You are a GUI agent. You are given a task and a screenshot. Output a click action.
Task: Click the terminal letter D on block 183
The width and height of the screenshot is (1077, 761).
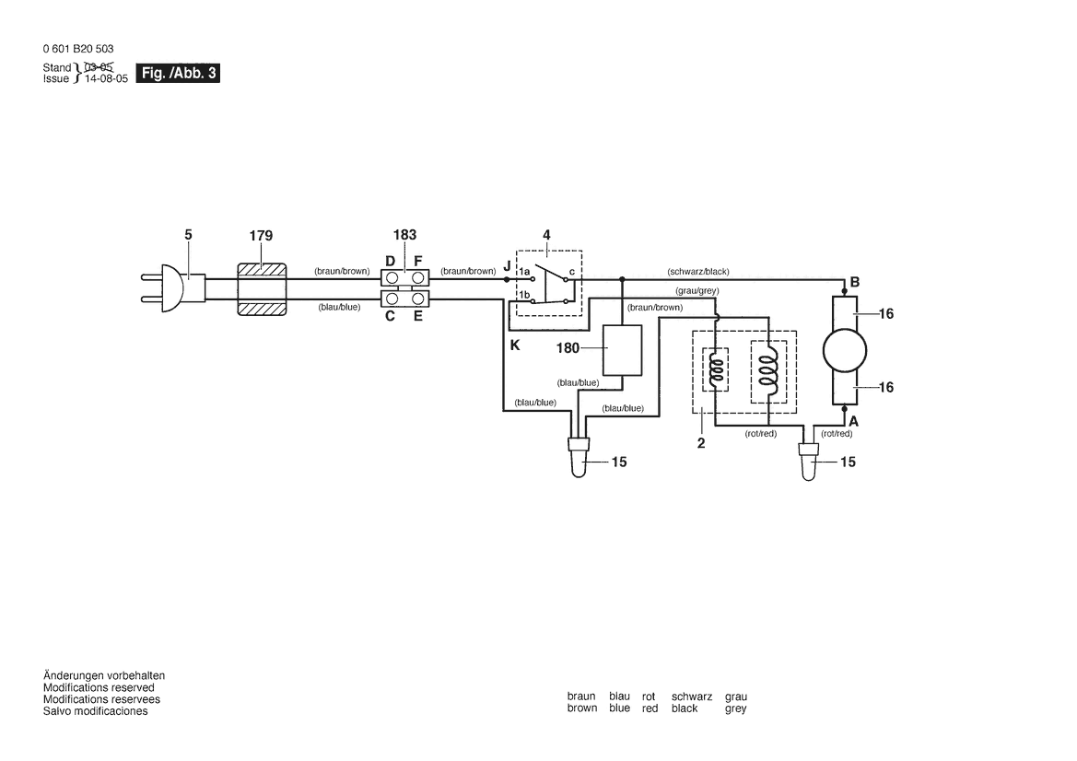(x=390, y=262)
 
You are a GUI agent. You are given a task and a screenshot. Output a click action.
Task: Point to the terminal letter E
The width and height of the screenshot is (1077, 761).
(x=418, y=316)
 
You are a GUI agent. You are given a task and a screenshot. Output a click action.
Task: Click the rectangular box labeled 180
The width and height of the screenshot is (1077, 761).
(x=623, y=350)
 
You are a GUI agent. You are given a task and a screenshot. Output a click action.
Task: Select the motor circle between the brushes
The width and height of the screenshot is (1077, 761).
(x=843, y=351)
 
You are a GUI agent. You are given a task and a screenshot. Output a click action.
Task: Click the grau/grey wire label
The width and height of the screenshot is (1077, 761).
(x=697, y=291)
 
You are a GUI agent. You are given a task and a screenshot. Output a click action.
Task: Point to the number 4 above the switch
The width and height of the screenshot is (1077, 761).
(x=546, y=235)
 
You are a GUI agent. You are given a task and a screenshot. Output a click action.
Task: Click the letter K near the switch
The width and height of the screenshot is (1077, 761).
(x=514, y=345)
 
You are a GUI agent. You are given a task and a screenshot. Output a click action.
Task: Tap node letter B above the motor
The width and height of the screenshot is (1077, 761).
(x=855, y=282)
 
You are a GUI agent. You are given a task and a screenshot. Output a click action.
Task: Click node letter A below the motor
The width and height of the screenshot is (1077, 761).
(x=853, y=419)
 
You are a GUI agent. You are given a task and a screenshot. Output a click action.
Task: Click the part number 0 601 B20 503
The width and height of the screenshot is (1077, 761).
(x=78, y=49)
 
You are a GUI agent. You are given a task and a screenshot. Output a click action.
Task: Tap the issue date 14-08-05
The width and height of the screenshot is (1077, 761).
(x=104, y=79)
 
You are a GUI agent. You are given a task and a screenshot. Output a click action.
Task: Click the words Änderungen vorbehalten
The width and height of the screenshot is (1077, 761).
(x=104, y=675)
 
